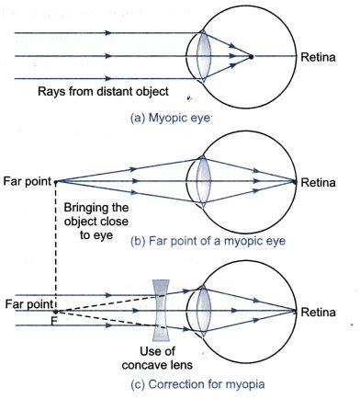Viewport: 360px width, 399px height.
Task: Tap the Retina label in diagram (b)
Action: tap(322, 181)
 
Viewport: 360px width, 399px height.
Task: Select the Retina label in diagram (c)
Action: tap(322, 312)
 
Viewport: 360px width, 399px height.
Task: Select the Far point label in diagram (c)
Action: tap(27, 301)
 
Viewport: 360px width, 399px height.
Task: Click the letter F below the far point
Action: tap(55, 321)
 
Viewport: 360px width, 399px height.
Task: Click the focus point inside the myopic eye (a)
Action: tap(251, 57)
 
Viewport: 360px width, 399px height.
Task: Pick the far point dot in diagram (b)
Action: tap(56, 181)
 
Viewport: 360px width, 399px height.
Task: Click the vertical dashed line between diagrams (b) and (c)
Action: tap(56, 248)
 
